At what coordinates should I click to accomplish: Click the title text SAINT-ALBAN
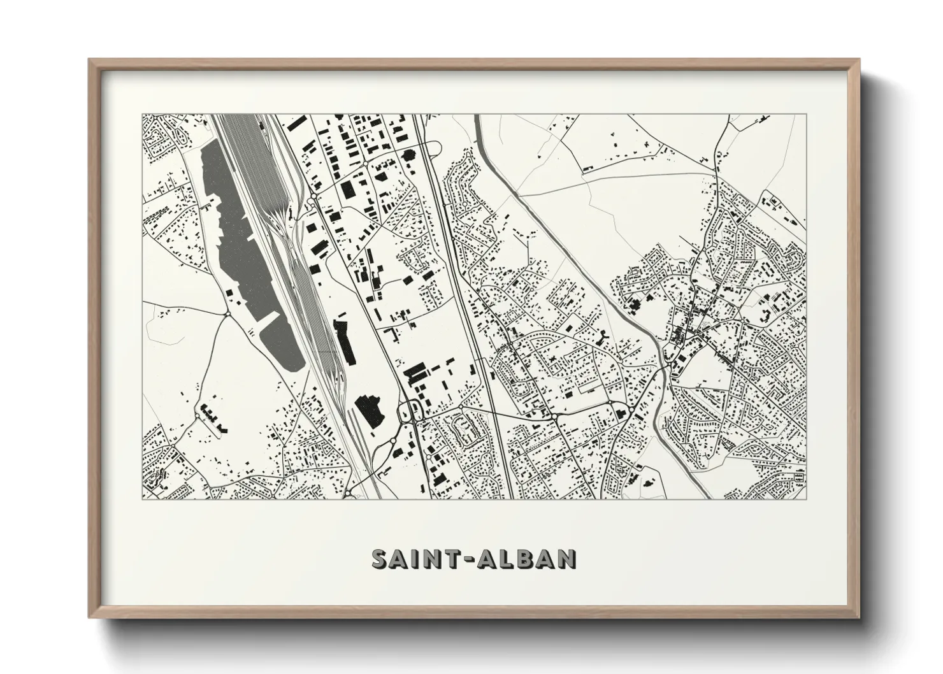tap(474, 558)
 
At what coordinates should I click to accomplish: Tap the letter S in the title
tap(381, 558)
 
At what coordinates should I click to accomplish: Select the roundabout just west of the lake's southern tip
tap(227, 314)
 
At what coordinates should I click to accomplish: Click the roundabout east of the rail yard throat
tap(311, 201)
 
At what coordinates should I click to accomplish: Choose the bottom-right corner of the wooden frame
tap(859, 617)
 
